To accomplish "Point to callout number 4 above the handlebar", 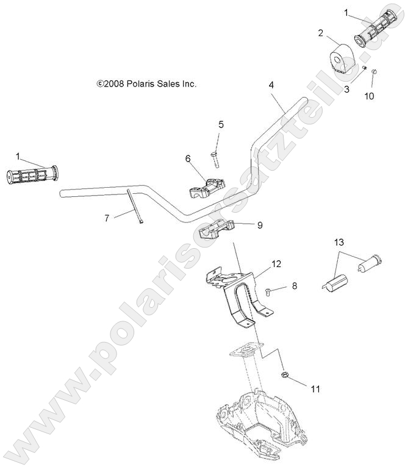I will (x=271, y=85).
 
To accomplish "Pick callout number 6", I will (x=188, y=159).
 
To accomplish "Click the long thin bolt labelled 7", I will (x=135, y=208).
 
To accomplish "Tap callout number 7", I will (x=107, y=218).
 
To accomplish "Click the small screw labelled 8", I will (x=271, y=293).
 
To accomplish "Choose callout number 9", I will (x=259, y=225).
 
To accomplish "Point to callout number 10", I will (x=368, y=96).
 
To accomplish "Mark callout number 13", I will (x=338, y=243).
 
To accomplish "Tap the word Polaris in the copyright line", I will (x=141, y=84).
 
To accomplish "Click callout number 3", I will (x=346, y=90).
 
